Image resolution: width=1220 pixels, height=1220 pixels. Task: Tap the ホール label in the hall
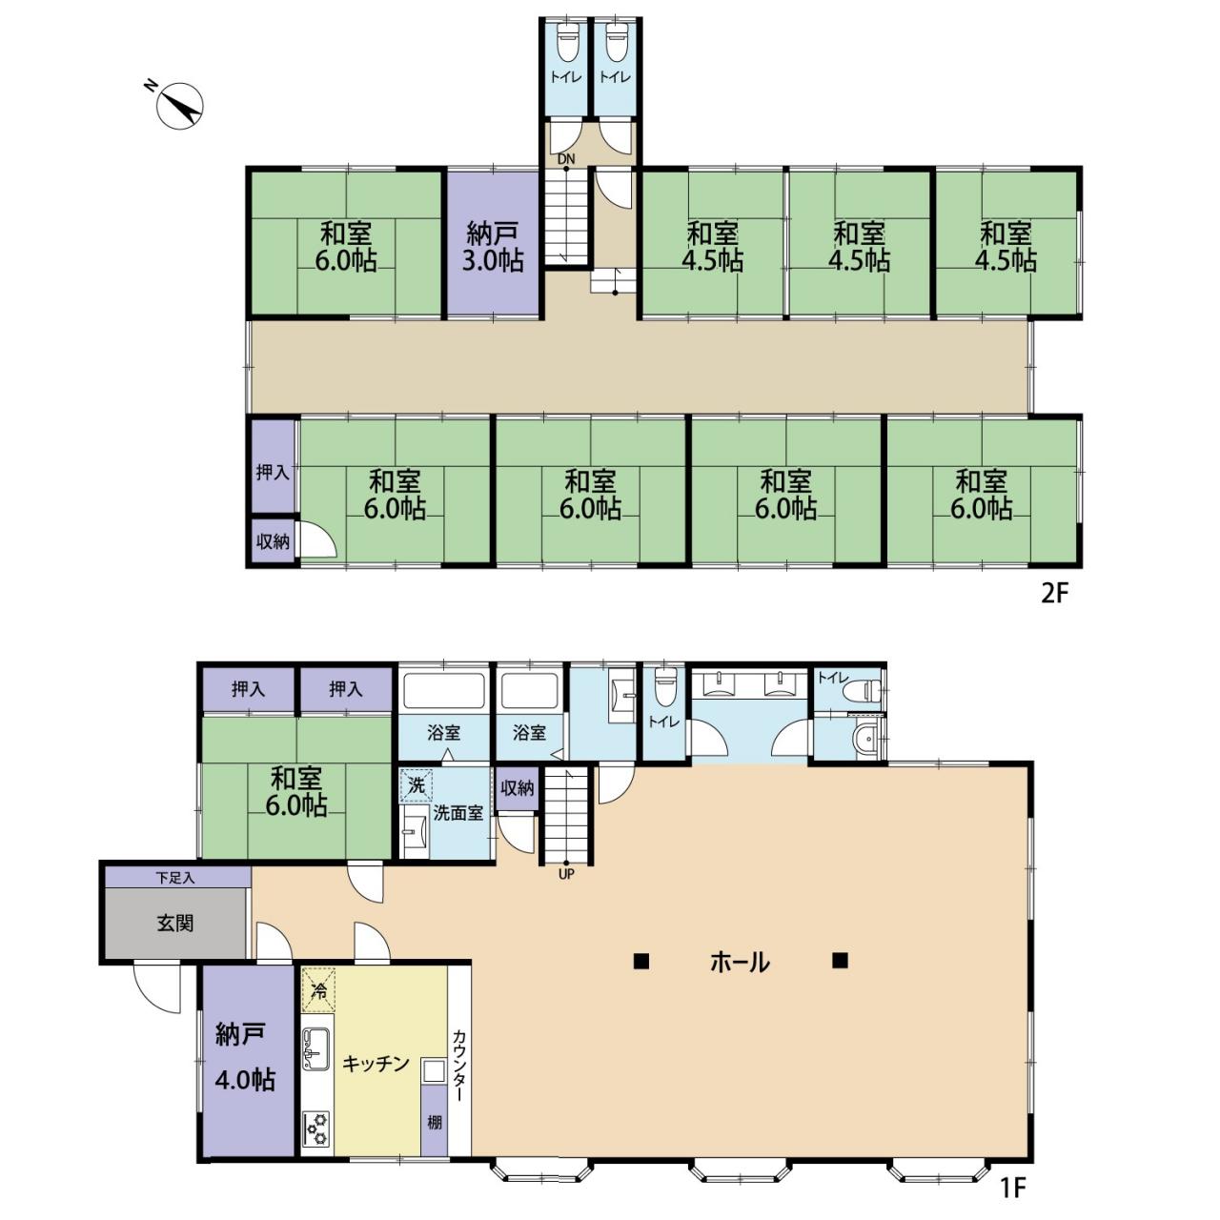(x=740, y=963)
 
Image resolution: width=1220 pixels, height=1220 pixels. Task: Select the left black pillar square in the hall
(x=641, y=961)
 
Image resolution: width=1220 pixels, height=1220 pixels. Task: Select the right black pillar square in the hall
(x=840, y=961)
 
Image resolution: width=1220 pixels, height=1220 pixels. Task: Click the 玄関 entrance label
(x=175, y=924)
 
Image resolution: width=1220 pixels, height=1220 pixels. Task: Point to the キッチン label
(x=376, y=1064)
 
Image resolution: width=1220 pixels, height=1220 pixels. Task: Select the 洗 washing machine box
(x=416, y=786)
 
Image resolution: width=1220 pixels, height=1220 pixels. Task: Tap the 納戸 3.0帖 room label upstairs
(x=492, y=247)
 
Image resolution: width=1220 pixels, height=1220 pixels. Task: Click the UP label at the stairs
(x=566, y=874)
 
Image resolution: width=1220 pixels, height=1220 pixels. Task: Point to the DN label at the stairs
(x=566, y=159)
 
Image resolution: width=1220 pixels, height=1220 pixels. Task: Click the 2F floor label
(x=1055, y=593)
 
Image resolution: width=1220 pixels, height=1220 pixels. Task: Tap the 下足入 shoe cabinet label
(x=175, y=878)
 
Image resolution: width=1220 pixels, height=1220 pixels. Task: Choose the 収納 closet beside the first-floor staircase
(x=518, y=788)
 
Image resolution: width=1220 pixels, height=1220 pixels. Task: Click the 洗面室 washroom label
(x=457, y=814)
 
